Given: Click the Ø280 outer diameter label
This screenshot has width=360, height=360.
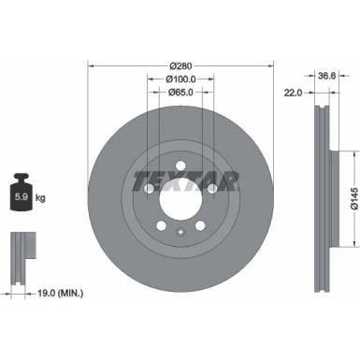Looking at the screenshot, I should pyautogui.click(x=180, y=65).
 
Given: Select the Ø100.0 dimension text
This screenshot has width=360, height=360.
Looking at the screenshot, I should pyautogui.click(x=180, y=79).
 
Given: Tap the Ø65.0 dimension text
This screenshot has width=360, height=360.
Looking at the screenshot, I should pyautogui.click(x=180, y=94).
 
